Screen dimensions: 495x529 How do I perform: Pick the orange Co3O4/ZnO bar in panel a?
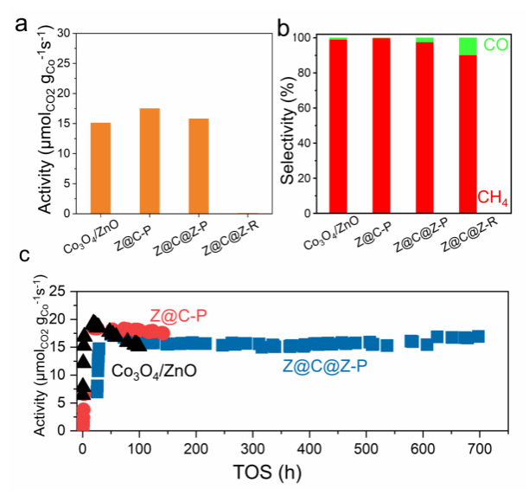[100, 168]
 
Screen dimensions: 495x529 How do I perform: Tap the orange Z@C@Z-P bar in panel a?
[198, 165]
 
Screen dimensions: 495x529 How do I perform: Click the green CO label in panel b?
[495, 42]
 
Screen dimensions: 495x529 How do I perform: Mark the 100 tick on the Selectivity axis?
[315, 38]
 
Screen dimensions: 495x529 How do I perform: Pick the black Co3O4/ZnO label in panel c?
[154, 370]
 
